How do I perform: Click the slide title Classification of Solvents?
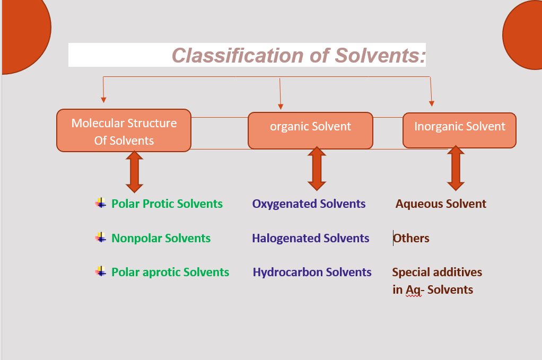point(299,55)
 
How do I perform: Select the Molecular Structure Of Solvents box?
point(124,131)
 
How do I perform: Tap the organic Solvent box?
point(310,130)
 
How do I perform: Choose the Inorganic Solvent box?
point(459,130)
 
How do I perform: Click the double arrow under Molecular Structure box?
point(135,171)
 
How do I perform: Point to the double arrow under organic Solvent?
point(317,169)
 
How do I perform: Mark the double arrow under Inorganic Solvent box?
point(456,168)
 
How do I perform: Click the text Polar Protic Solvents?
point(167,204)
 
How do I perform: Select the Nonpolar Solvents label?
point(161,238)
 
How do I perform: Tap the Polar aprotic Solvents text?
point(170,272)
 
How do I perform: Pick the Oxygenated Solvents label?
point(309,204)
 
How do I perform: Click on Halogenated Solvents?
point(310,238)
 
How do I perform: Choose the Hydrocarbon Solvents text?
point(312,272)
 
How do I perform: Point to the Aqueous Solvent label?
point(441,204)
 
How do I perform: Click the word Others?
point(412,238)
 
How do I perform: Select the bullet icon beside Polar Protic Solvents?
point(101,203)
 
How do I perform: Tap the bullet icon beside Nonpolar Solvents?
point(101,238)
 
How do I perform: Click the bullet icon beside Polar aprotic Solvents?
point(101,271)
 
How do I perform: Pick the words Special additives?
point(437,272)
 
